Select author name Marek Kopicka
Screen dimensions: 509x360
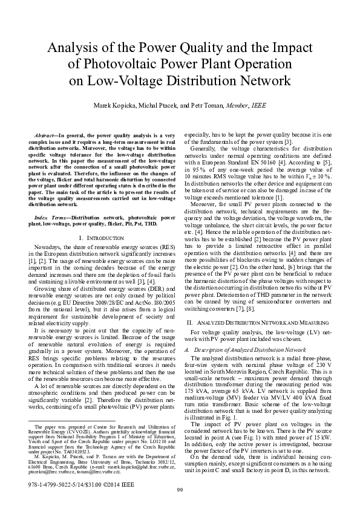pos(110,105)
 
